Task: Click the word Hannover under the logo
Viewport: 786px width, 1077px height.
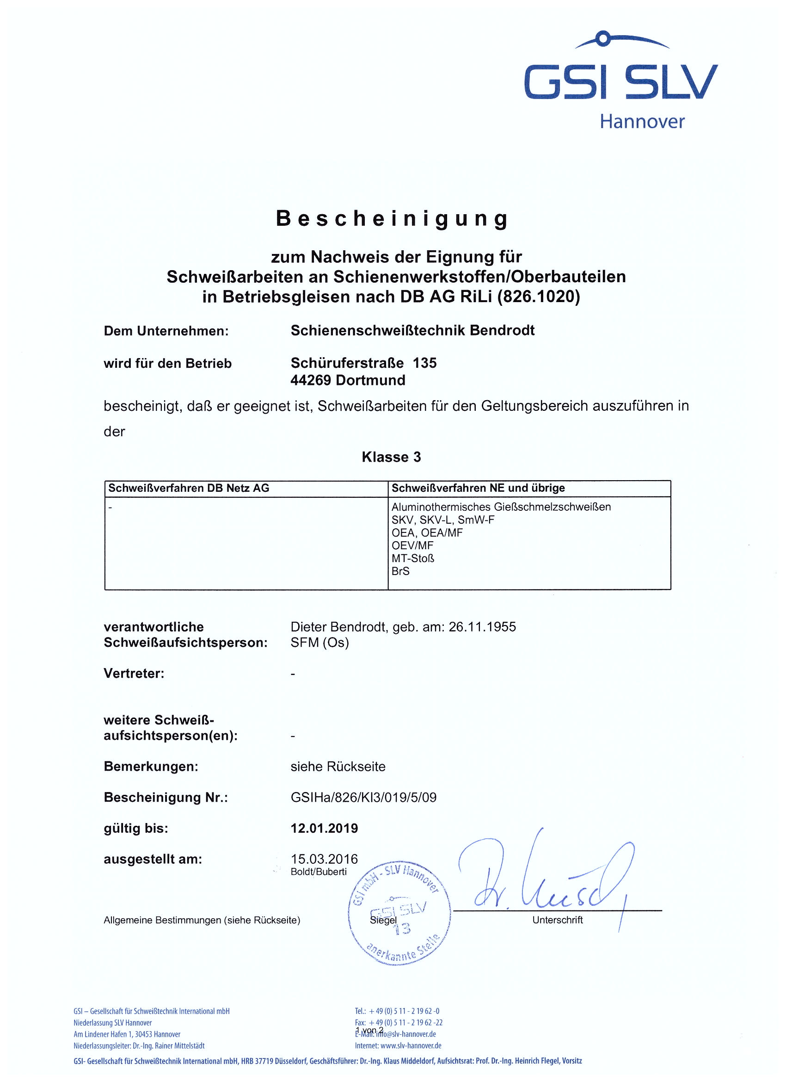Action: click(642, 122)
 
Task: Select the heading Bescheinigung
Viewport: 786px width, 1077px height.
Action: click(393, 218)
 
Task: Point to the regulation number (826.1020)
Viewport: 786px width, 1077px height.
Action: click(538, 297)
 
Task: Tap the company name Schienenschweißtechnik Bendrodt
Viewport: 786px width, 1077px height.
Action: click(412, 330)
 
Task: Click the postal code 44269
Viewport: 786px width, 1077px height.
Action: click(311, 380)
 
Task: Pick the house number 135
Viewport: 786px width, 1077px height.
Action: click(424, 363)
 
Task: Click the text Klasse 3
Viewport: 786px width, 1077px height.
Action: click(391, 457)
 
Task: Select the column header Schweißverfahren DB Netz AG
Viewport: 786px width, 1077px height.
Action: click(189, 488)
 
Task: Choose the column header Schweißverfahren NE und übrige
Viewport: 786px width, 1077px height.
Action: click(478, 488)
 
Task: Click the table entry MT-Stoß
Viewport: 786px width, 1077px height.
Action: click(413, 558)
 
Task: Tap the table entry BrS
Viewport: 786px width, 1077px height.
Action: click(400, 571)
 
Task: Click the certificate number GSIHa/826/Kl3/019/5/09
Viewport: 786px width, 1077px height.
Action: click(363, 797)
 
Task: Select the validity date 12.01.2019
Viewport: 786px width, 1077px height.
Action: click(325, 828)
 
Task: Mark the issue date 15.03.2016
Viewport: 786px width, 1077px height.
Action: click(325, 859)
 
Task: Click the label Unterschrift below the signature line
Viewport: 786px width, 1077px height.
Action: click(557, 920)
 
